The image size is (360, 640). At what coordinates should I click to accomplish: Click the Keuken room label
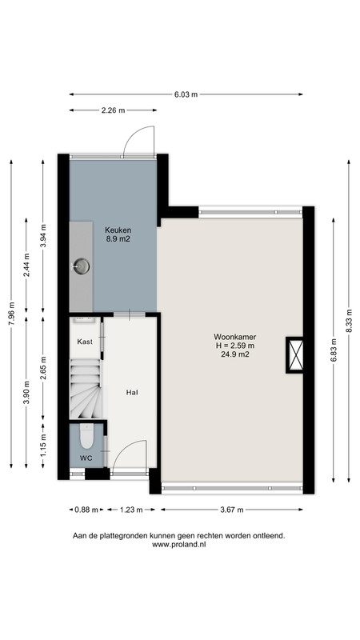(118, 230)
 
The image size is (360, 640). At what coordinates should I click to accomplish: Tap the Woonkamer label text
(234, 337)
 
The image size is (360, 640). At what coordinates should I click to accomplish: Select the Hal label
(131, 393)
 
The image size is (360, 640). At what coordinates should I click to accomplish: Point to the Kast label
(85, 342)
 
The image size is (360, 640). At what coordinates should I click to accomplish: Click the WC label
(86, 458)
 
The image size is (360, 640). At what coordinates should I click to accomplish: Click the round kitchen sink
(82, 266)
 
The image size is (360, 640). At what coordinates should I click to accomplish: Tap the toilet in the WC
(86, 436)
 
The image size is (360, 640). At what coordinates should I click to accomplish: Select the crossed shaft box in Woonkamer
(295, 354)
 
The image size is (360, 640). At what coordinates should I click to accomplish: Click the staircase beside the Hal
(86, 389)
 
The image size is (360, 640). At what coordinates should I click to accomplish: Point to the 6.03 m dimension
(186, 94)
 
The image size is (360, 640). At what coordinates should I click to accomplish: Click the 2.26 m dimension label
(113, 110)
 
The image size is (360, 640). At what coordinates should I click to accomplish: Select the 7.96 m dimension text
(12, 314)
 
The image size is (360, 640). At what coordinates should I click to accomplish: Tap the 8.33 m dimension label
(349, 322)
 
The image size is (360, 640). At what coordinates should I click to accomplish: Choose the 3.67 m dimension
(232, 510)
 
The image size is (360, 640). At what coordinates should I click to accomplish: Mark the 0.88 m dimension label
(86, 510)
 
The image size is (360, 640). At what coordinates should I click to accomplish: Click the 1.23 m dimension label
(130, 510)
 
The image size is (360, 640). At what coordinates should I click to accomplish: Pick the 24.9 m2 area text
(234, 354)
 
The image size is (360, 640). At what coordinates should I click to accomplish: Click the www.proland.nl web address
(178, 544)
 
